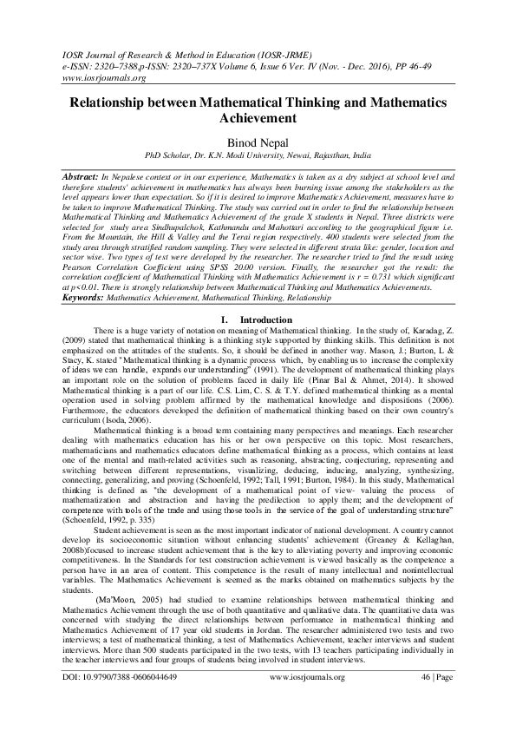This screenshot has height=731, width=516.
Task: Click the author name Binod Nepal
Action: (258, 143)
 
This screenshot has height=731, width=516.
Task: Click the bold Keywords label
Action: (82, 298)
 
